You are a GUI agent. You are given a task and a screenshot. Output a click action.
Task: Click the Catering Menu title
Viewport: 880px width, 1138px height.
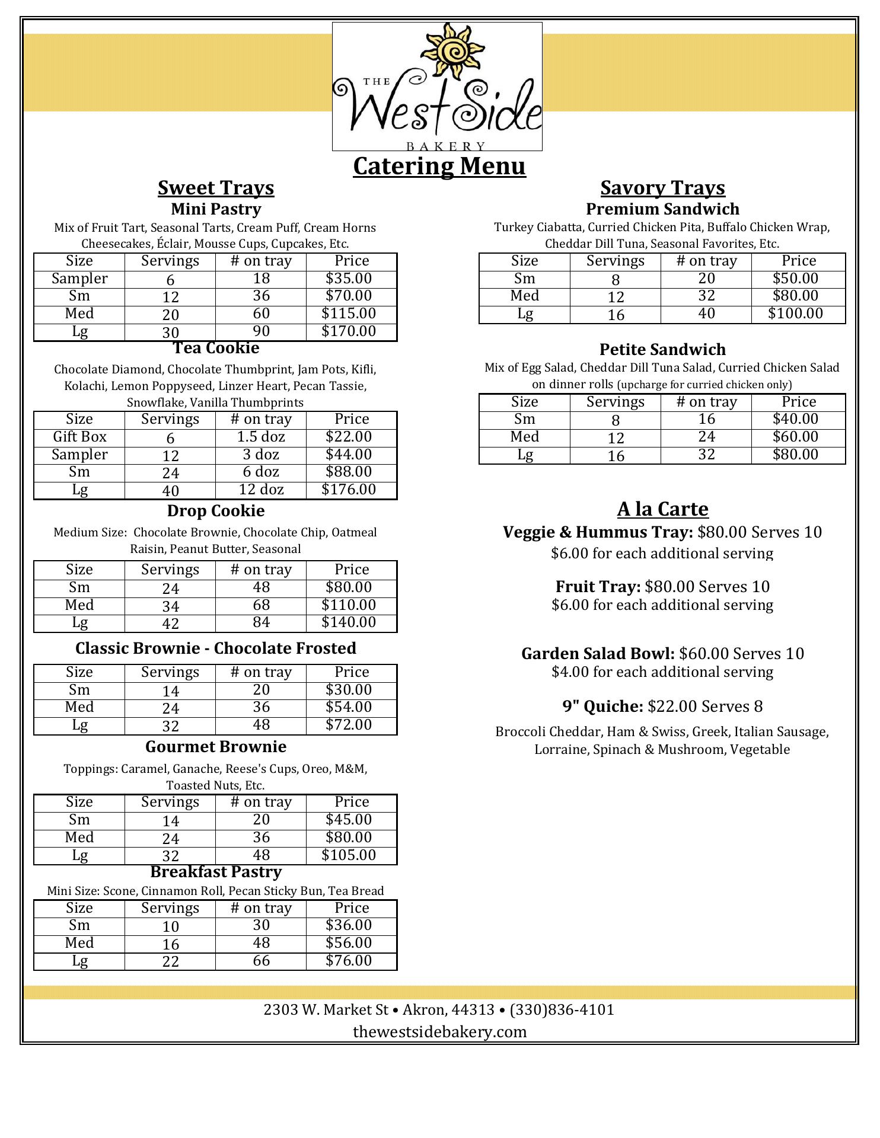(x=439, y=165)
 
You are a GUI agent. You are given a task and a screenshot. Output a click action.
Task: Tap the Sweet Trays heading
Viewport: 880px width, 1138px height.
(x=216, y=187)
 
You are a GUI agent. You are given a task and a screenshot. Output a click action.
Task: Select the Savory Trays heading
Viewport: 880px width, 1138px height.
(x=662, y=187)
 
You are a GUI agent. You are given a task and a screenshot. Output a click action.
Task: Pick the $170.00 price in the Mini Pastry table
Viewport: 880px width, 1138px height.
(x=349, y=331)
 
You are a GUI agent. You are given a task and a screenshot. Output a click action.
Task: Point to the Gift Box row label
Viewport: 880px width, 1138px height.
(x=79, y=437)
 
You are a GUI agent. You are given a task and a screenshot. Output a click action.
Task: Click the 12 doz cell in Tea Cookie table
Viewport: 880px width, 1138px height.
(x=261, y=490)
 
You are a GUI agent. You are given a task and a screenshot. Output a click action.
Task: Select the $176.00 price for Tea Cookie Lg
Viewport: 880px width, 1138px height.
(x=349, y=490)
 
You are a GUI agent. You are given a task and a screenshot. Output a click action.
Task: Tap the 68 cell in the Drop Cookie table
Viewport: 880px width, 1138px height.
(x=261, y=605)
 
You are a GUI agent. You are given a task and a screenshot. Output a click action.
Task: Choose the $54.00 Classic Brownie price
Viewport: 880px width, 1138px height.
(x=349, y=707)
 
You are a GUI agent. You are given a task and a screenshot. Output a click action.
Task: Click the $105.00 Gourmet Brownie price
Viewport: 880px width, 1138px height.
(x=349, y=855)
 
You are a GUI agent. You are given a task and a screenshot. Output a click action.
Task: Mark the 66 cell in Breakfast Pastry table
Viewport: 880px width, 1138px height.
(x=261, y=960)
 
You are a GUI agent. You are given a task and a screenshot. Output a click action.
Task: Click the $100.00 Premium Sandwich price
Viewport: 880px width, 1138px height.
(x=795, y=314)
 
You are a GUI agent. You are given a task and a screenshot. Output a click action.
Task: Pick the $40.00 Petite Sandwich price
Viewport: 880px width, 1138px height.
(x=795, y=419)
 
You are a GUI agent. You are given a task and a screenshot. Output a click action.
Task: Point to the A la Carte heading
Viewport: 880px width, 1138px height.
(x=662, y=509)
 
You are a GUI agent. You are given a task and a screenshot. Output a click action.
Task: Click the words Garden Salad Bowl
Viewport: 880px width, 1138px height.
(x=598, y=654)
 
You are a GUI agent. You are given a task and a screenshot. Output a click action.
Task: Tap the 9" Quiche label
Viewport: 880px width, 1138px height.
(x=602, y=707)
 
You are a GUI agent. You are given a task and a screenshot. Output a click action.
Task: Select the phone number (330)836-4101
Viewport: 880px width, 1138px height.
(x=562, y=1009)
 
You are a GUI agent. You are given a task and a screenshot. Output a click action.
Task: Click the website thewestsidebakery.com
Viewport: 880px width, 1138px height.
(x=439, y=1032)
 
